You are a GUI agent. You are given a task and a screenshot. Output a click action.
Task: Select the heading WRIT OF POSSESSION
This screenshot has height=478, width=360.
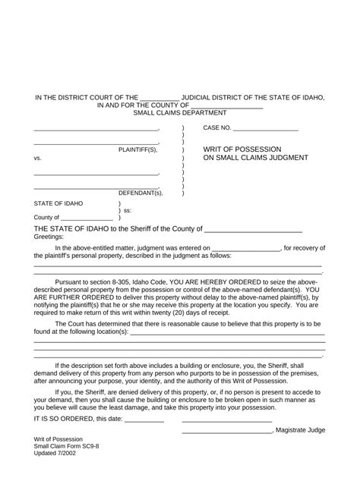point(242,149)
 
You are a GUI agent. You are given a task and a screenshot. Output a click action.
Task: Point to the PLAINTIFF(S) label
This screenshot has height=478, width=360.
point(137,150)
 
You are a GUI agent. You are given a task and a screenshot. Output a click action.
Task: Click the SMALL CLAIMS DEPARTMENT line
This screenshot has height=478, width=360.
point(180,112)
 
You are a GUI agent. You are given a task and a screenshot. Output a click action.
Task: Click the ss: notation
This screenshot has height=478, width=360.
point(128,211)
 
